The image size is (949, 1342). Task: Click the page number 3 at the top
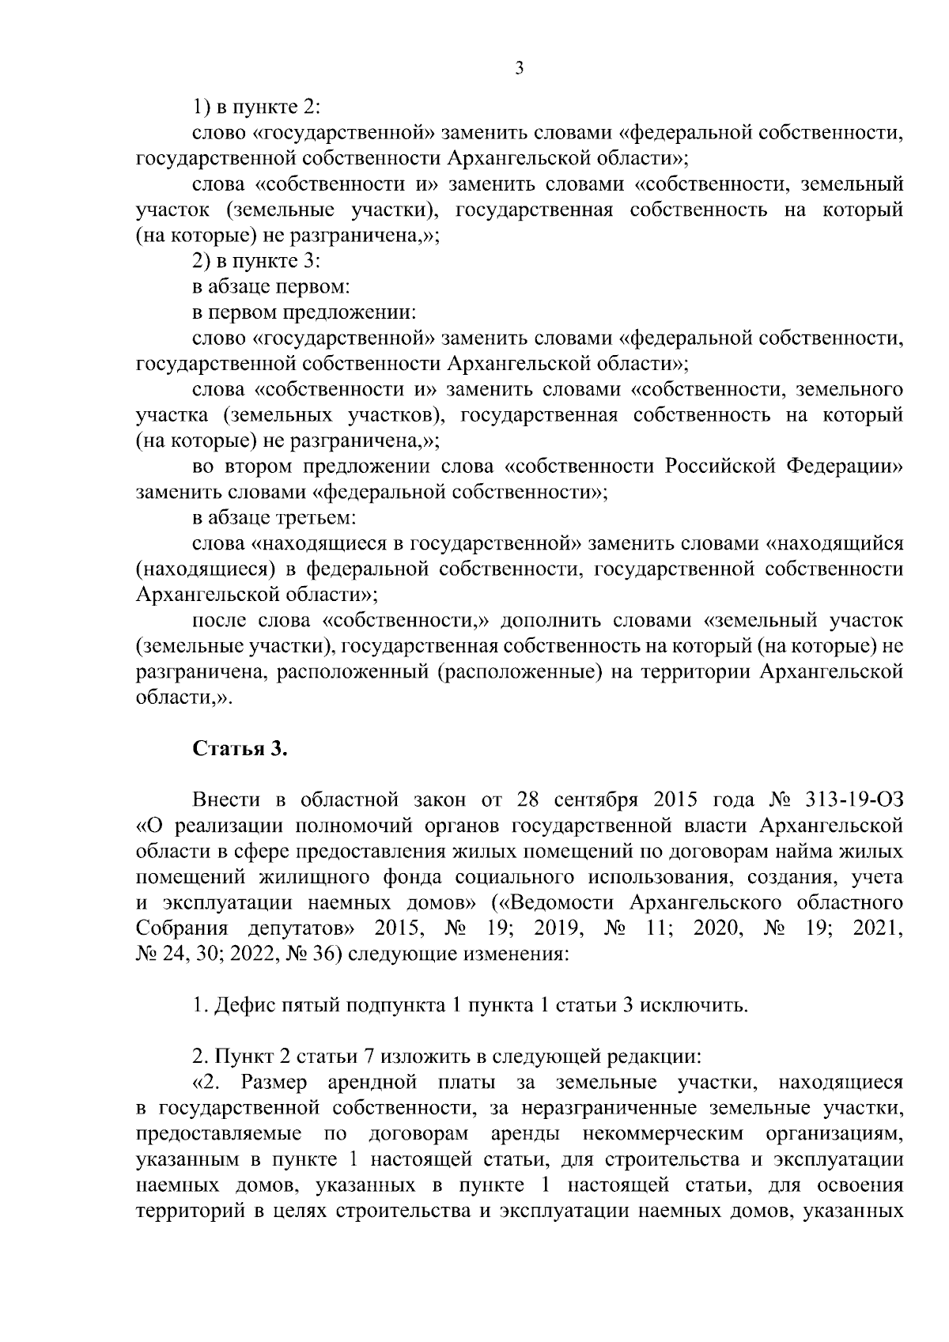519,69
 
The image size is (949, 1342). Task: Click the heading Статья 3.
240,749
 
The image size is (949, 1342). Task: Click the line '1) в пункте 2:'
256,107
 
